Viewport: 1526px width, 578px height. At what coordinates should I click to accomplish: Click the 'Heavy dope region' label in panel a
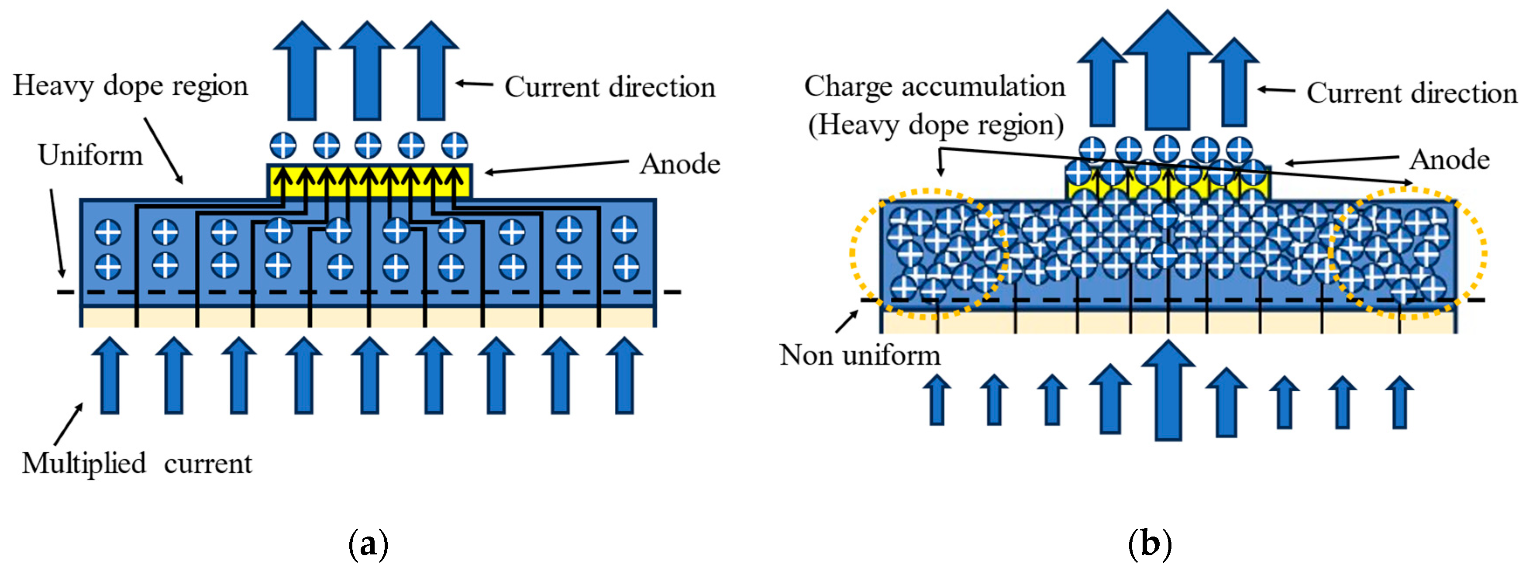click(130, 86)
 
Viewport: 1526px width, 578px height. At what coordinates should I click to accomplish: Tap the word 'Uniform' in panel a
click(91, 156)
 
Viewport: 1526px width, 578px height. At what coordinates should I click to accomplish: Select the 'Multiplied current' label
click(137, 464)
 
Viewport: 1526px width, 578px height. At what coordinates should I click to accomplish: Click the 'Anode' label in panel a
click(679, 164)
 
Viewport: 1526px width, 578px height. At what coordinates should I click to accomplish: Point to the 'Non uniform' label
click(860, 355)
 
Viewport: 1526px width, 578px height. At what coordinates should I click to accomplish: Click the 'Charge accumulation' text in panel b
click(934, 86)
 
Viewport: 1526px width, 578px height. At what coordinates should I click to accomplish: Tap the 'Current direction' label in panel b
click(1412, 93)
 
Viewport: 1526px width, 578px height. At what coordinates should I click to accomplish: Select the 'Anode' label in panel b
click(1449, 160)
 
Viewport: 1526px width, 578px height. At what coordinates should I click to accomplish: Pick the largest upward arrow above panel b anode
click(1167, 71)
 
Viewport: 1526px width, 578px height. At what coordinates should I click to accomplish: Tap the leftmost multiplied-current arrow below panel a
click(110, 376)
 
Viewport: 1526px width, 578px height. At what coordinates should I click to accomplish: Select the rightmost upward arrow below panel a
click(624, 376)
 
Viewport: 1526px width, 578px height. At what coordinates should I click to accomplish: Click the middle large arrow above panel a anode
click(367, 71)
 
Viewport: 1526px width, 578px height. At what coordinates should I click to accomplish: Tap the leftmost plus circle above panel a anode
click(283, 145)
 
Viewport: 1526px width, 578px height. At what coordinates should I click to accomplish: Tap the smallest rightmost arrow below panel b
click(1400, 403)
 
